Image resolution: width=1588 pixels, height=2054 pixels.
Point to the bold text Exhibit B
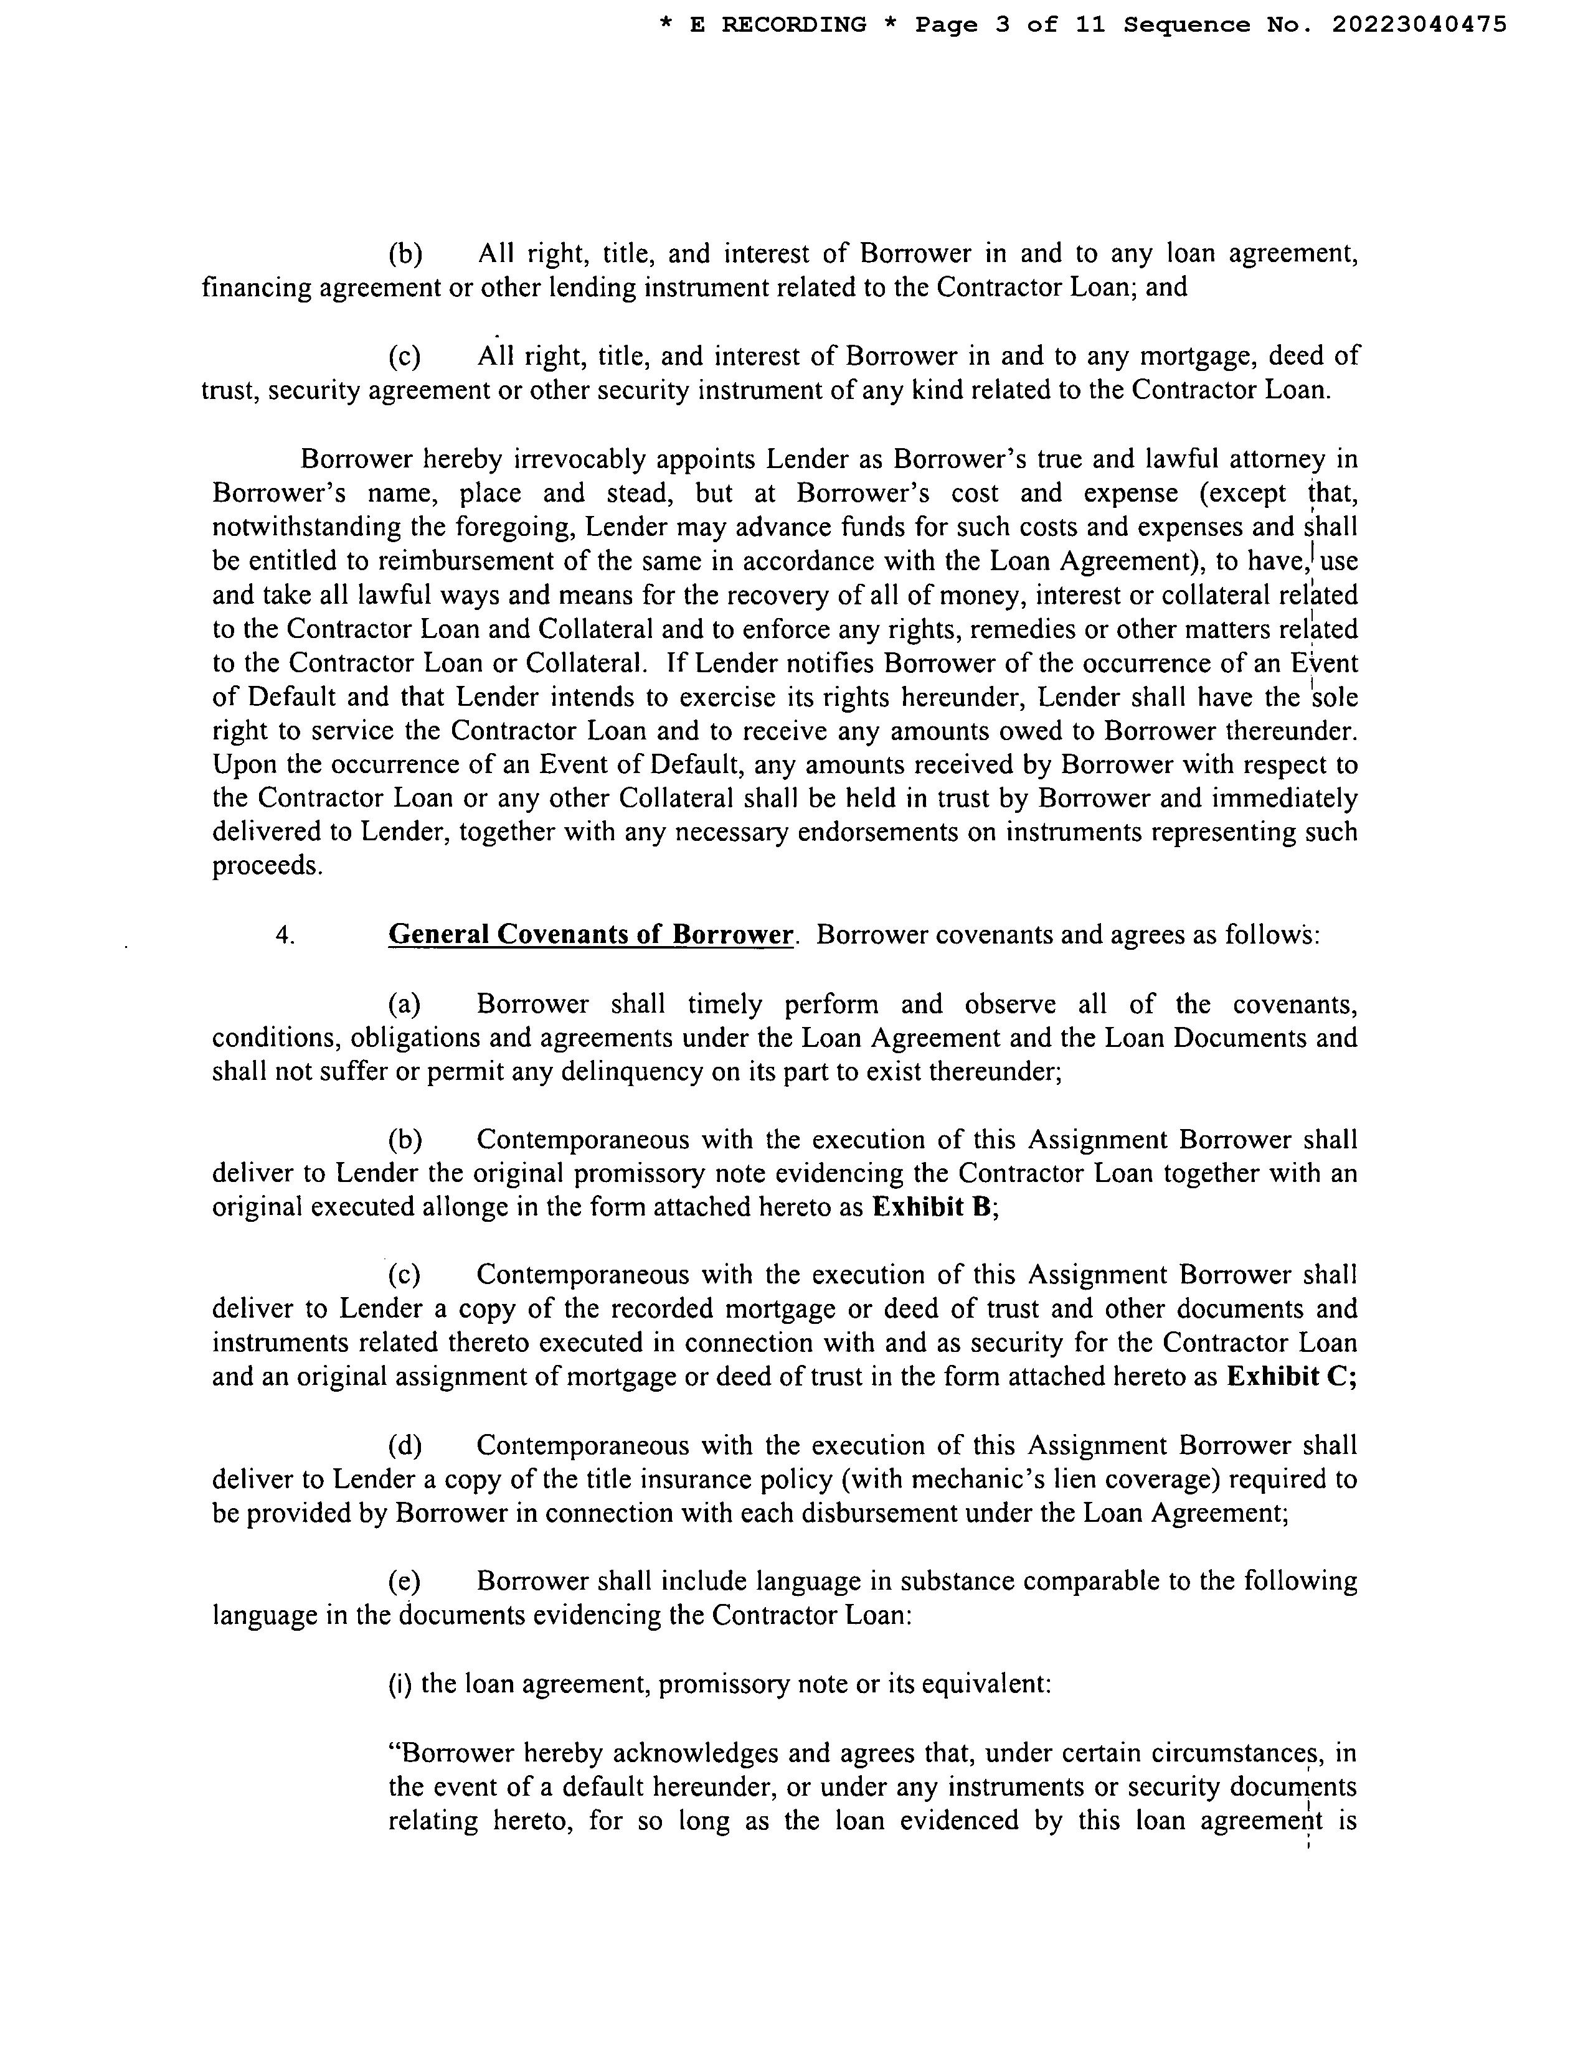click(932, 1207)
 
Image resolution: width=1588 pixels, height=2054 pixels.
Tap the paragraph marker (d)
click(405, 1445)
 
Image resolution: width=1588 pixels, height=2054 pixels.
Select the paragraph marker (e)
click(405, 1581)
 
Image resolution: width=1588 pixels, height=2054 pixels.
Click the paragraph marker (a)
click(405, 1005)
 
